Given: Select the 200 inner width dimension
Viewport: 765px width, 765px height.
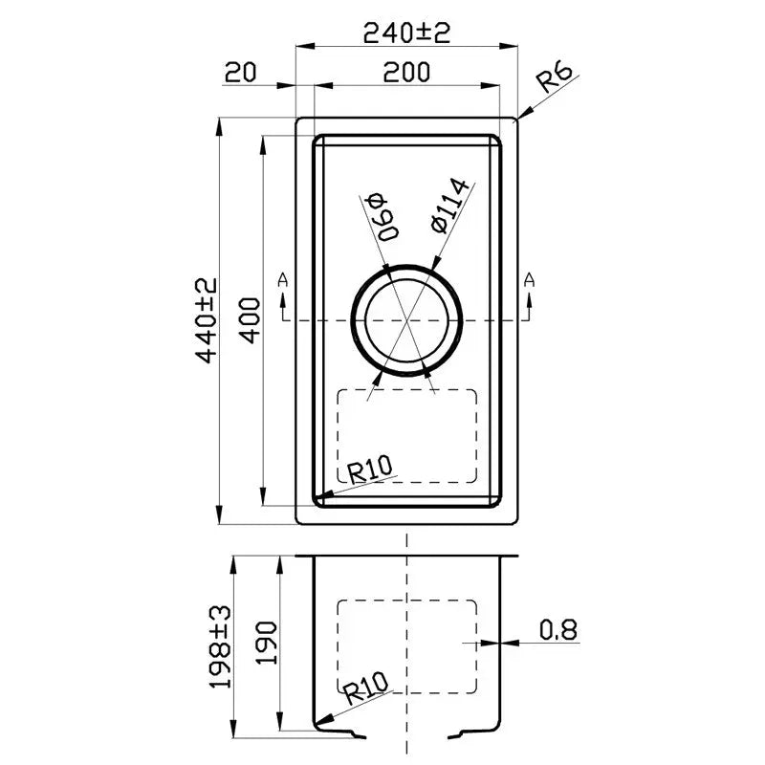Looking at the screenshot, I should [x=406, y=72].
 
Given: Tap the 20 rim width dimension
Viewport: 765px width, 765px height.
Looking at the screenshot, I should [x=241, y=72].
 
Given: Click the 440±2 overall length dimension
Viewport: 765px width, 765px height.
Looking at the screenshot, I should [x=206, y=322].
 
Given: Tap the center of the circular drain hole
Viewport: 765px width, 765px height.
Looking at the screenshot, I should [x=408, y=318].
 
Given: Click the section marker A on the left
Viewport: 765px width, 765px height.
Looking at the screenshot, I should [x=282, y=279].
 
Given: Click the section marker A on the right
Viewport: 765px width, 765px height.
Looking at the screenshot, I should [x=529, y=279].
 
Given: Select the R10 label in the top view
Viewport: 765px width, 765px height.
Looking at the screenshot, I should [x=371, y=469].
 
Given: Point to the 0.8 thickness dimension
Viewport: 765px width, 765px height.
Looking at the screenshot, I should [x=557, y=629].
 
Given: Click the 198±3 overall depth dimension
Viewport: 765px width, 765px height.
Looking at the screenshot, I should [x=223, y=645].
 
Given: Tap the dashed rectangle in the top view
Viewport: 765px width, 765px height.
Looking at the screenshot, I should [x=408, y=435].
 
